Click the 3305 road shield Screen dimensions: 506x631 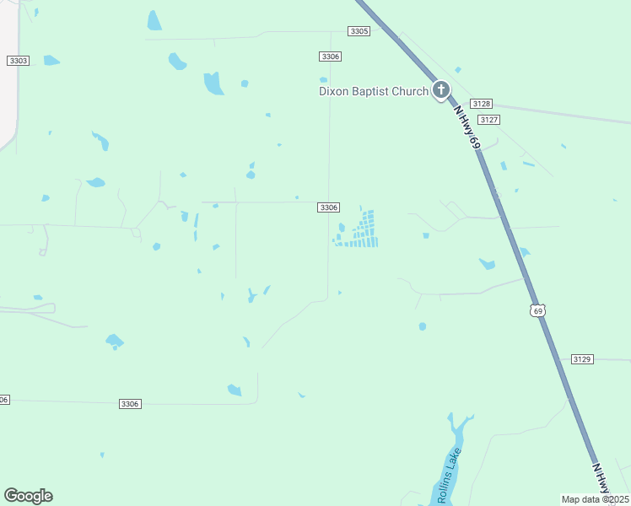pos(359,31)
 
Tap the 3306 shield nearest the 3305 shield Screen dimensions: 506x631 pos(330,57)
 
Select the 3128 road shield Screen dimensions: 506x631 pos(481,103)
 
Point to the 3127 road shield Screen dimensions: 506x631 pos(488,120)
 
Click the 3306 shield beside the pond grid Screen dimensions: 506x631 pos(329,207)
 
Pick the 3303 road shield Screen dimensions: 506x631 pos(18,61)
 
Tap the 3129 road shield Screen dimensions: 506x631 pos(582,359)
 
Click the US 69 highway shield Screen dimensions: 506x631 pos(538,311)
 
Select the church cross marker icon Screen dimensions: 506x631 pos(440,89)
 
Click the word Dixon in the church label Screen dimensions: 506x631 pos(334,91)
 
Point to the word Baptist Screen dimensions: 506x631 pos(375,91)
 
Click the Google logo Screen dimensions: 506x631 pos(28,496)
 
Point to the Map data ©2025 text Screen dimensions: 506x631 pos(595,499)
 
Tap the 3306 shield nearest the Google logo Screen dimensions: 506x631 pos(129,404)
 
